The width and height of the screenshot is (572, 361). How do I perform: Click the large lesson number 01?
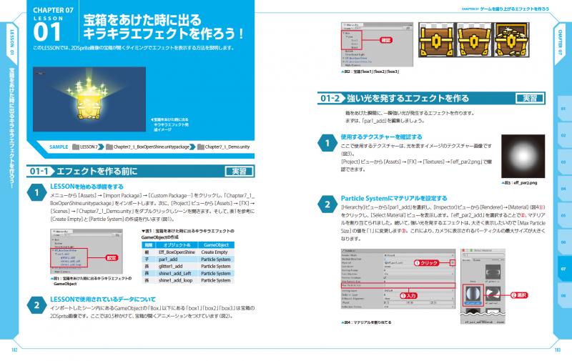49,31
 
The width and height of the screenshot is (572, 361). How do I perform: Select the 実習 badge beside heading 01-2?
528,97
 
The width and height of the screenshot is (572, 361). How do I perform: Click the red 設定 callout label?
111,257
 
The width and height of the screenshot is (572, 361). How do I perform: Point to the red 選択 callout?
519,294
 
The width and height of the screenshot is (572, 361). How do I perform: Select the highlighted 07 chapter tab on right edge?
563,269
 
